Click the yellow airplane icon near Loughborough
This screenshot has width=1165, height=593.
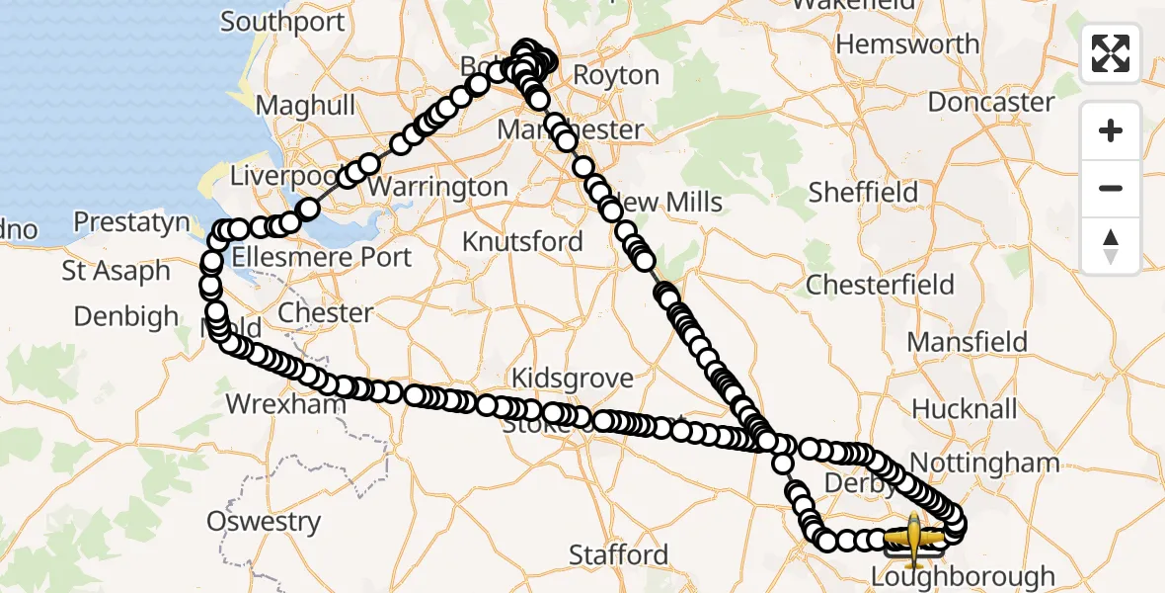coord(913,538)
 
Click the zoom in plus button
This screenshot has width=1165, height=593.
coord(1111,130)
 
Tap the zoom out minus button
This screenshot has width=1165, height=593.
coord(1111,188)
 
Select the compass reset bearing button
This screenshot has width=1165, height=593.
coord(1111,246)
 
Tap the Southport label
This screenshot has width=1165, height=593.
coord(282,22)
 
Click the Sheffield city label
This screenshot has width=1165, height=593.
coord(863,192)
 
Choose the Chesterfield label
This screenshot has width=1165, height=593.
coord(880,286)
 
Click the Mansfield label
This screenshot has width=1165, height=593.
coord(967,342)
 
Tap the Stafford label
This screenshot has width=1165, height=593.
coord(619,554)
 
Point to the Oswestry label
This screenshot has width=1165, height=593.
coord(264,521)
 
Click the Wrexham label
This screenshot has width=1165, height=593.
coord(286,404)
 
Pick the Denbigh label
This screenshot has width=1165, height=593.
coord(126,317)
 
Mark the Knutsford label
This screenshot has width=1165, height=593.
coord(522,241)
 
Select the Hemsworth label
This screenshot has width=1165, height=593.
coord(907,44)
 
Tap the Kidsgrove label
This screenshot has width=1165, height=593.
coord(572,379)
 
